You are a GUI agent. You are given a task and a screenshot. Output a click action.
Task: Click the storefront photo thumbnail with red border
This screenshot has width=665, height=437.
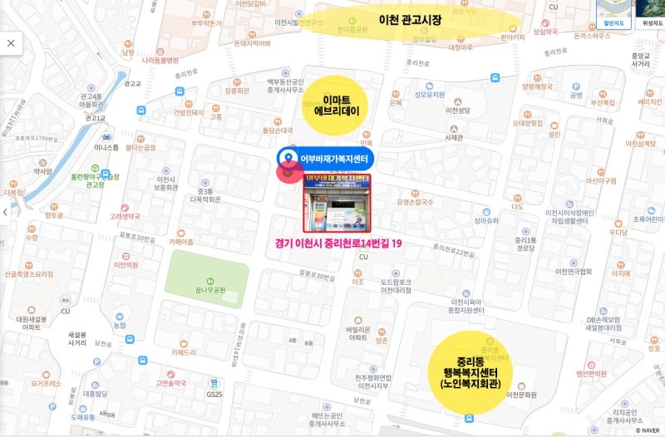point(337,202)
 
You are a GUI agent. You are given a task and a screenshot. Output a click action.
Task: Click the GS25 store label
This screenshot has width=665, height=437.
point(214,394)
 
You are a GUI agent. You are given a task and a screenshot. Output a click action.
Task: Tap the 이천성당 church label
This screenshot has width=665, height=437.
point(458,110)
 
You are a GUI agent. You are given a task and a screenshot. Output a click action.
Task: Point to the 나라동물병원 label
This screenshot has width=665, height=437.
point(160,60)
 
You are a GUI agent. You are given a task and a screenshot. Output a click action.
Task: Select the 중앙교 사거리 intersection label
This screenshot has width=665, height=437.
point(641,59)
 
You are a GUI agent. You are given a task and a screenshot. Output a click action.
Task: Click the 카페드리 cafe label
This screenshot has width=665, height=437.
point(184,352)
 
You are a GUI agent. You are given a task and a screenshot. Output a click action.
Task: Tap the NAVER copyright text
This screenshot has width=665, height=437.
point(648,430)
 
